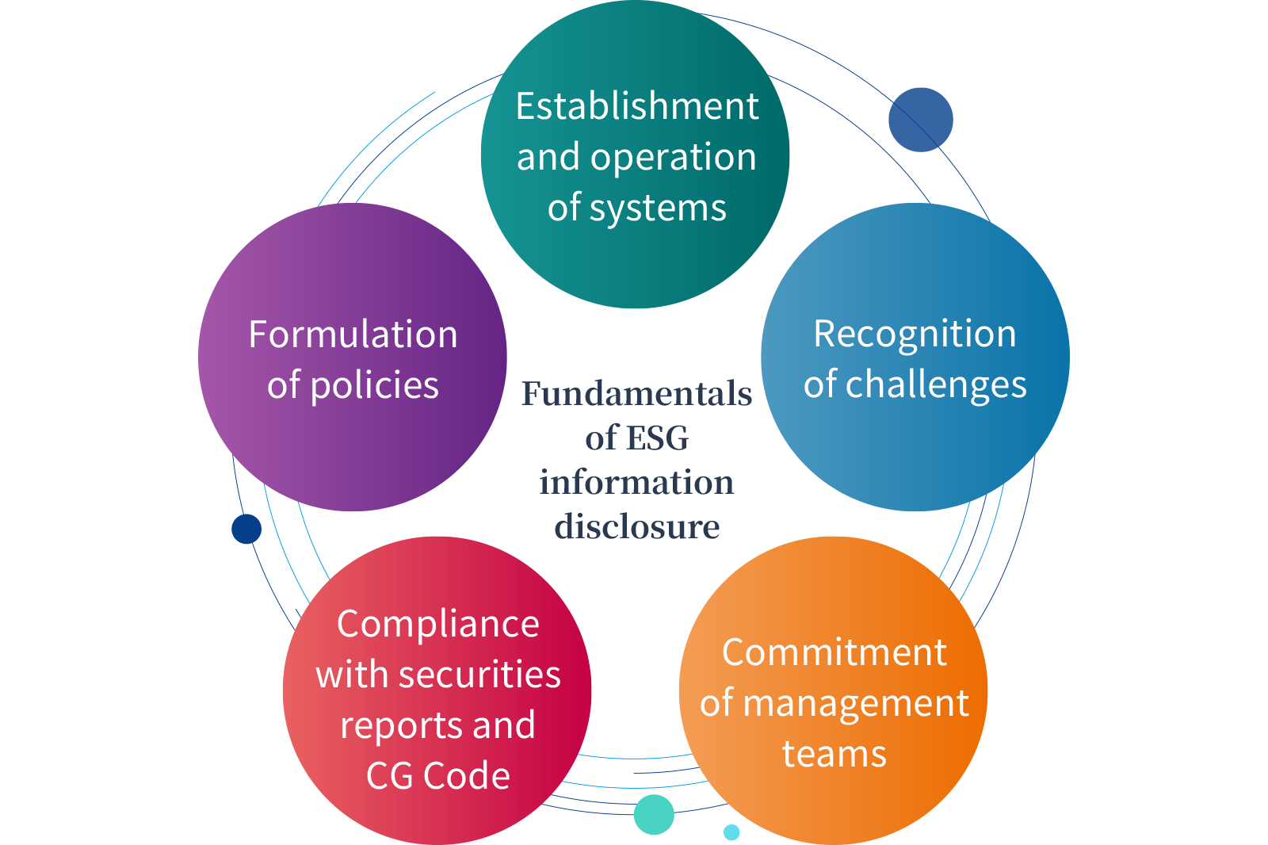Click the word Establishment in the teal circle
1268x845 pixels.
click(x=637, y=106)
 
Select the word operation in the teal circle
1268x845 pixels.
click(x=673, y=159)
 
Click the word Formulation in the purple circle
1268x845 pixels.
click(x=353, y=335)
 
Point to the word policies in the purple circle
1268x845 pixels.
click(x=375, y=386)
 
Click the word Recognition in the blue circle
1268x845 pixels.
click(x=915, y=335)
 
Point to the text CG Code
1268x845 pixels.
click(x=438, y=775)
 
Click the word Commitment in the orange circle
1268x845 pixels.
click(x=834, y=652)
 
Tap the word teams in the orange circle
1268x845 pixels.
click(x=835, y=755)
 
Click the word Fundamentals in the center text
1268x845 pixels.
click(x=637, y=393)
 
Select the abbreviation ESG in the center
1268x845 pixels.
click(x=657, y=438)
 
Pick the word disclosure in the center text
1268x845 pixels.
click(x=637, y=526)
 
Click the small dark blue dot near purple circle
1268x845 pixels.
click(x=246, y=529)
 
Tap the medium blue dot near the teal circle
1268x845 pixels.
click(x=920, y=120)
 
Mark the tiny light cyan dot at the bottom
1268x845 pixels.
click(x=731, y=832)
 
